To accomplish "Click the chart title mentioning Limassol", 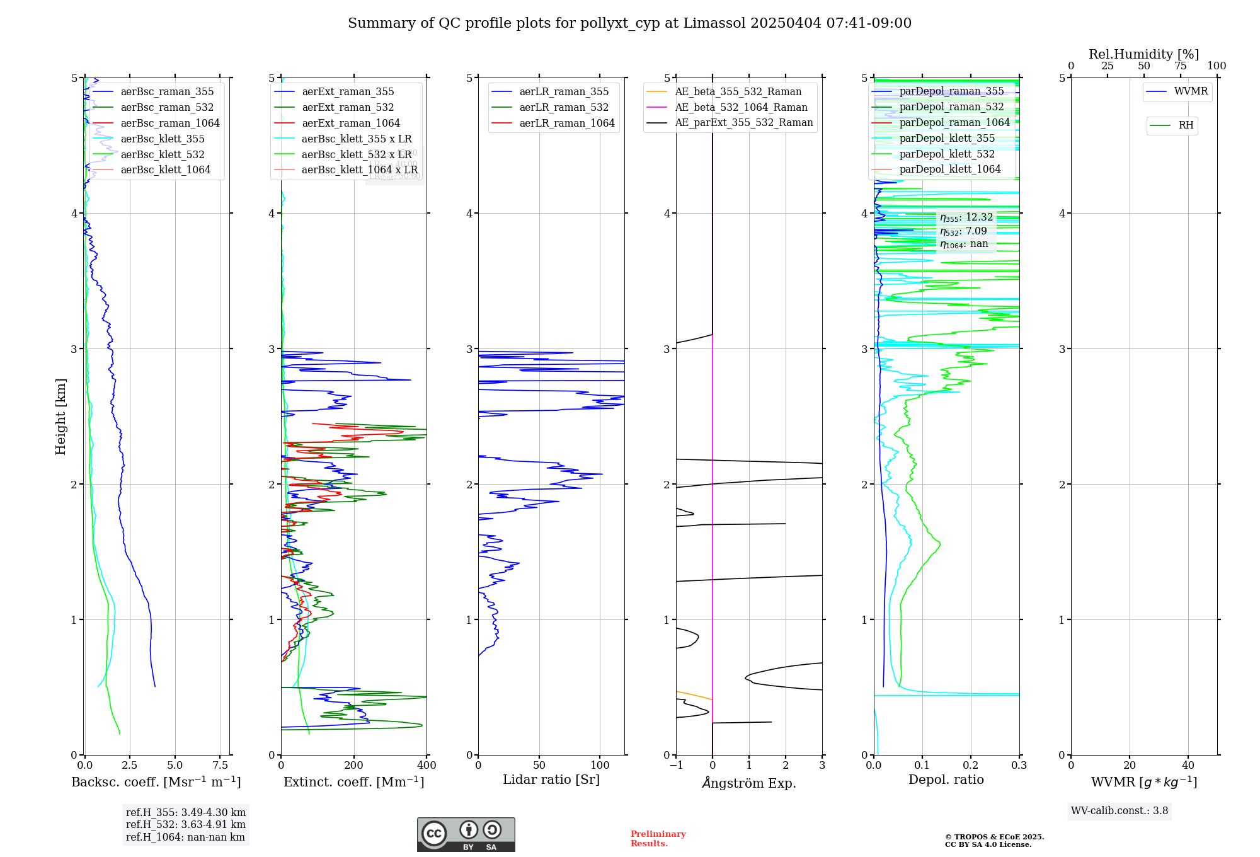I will click(x=629, y=23).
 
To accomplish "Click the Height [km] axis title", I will click(x=60, y=417).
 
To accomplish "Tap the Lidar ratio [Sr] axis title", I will click(x=551, y=780).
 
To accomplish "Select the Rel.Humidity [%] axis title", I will click(x=1143, y=54).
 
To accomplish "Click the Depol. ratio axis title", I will click(x=946, y=780).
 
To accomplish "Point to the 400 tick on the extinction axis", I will click(x=427, y=766).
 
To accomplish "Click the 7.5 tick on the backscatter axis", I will click(x=220, y=766).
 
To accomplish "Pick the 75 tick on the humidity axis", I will click(x=1180, y=66).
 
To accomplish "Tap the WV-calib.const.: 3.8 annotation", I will click(x=1120, y=811).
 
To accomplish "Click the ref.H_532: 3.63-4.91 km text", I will click(x=186, y=825).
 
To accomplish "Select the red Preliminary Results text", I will click(x=658, y=839).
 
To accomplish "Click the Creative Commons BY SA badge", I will click(x=466, y=835).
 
